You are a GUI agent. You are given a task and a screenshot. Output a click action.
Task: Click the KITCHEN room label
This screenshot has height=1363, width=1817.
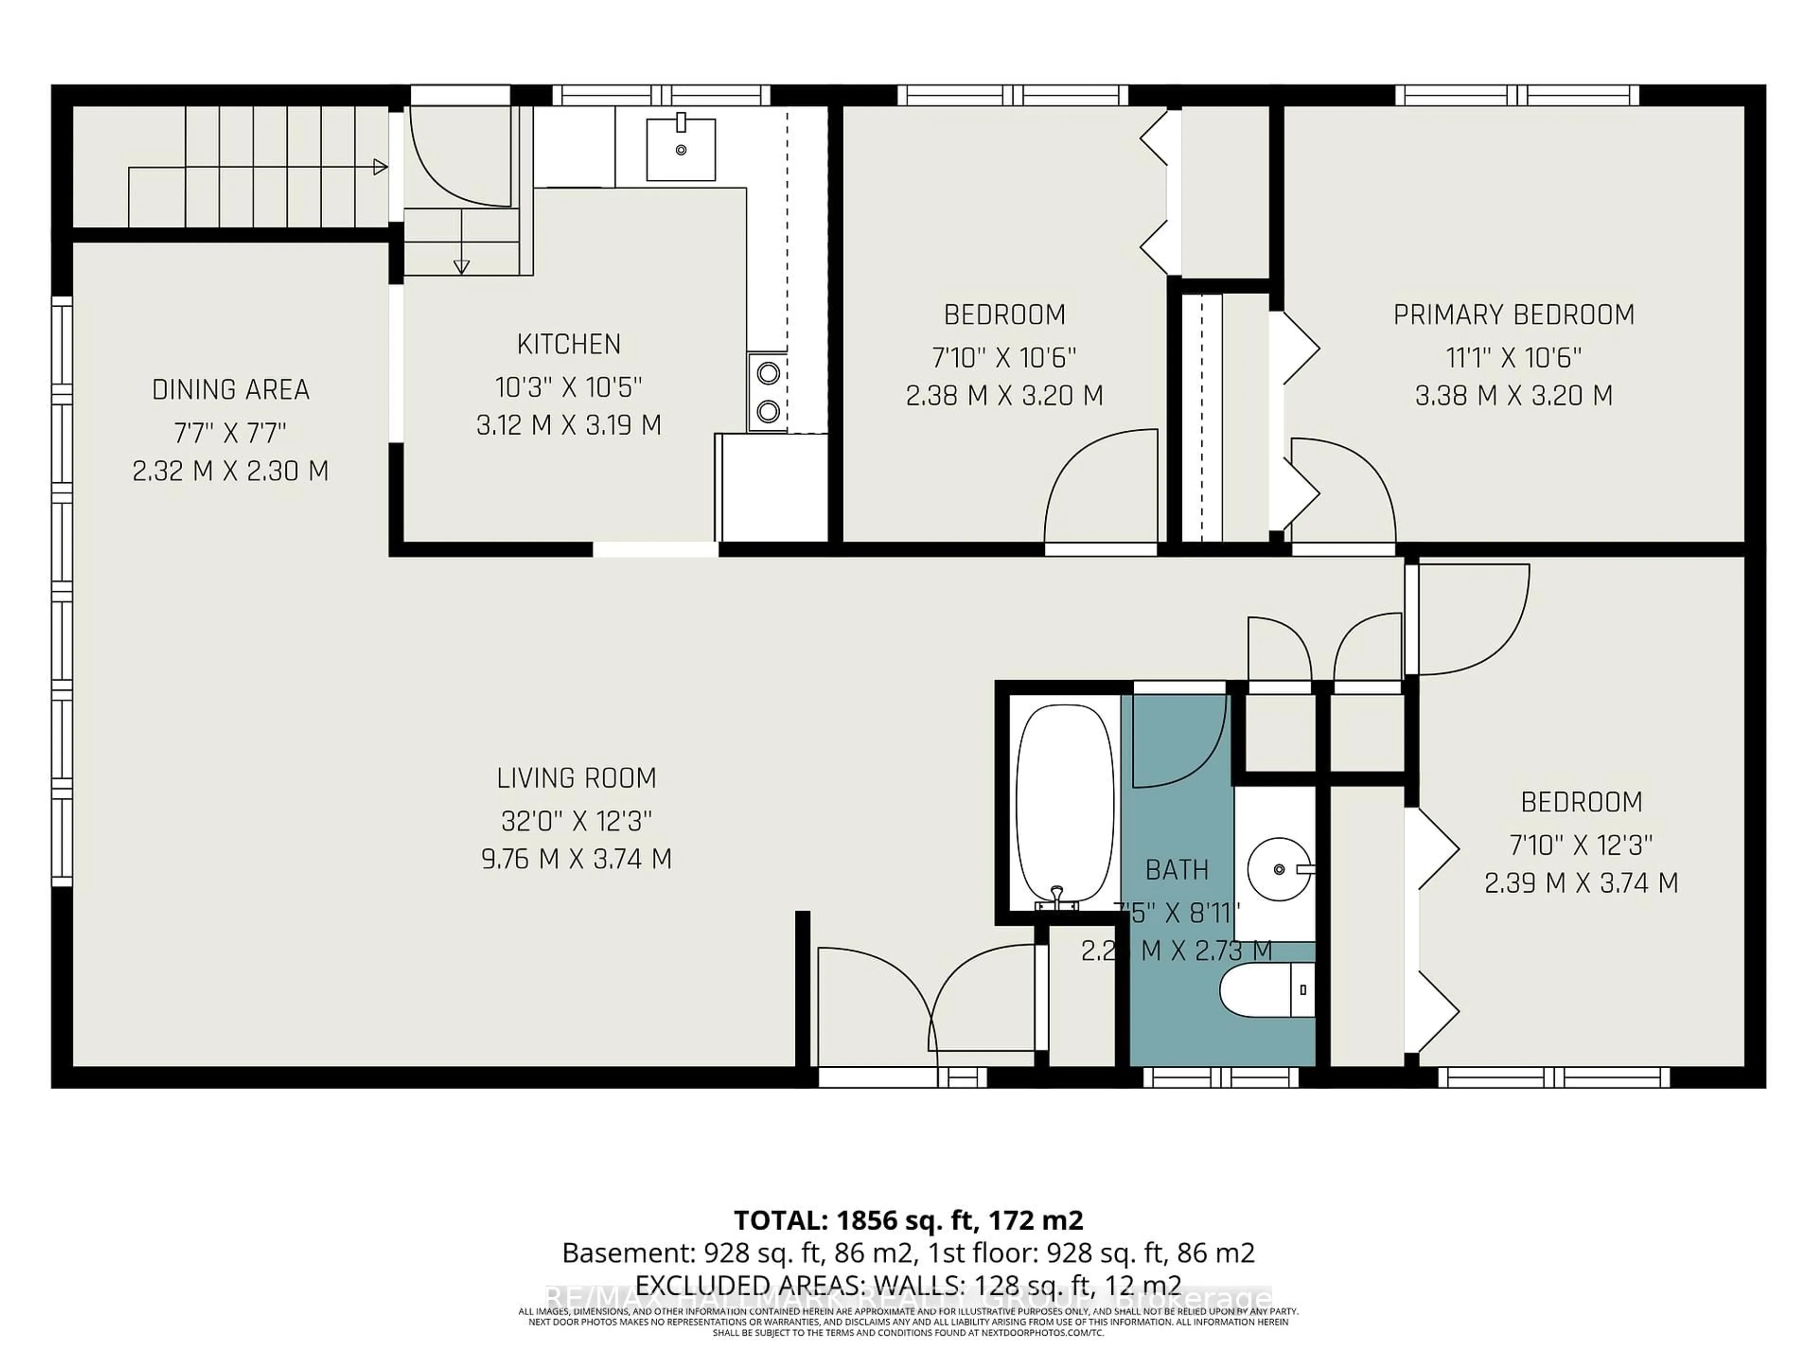click(568, 344)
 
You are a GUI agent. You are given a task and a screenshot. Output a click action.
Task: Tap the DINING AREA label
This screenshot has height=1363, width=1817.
click(231, 389)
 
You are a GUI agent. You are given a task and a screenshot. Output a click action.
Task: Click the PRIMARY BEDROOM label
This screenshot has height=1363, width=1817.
click(1513, 315)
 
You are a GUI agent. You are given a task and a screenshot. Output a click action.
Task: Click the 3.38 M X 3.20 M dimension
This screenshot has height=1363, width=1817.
click(1513, 396)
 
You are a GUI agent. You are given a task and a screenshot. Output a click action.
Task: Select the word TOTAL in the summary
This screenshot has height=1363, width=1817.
click(780, 1219)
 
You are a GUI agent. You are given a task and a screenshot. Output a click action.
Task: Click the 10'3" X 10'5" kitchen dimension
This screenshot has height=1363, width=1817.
click(568, 386)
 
